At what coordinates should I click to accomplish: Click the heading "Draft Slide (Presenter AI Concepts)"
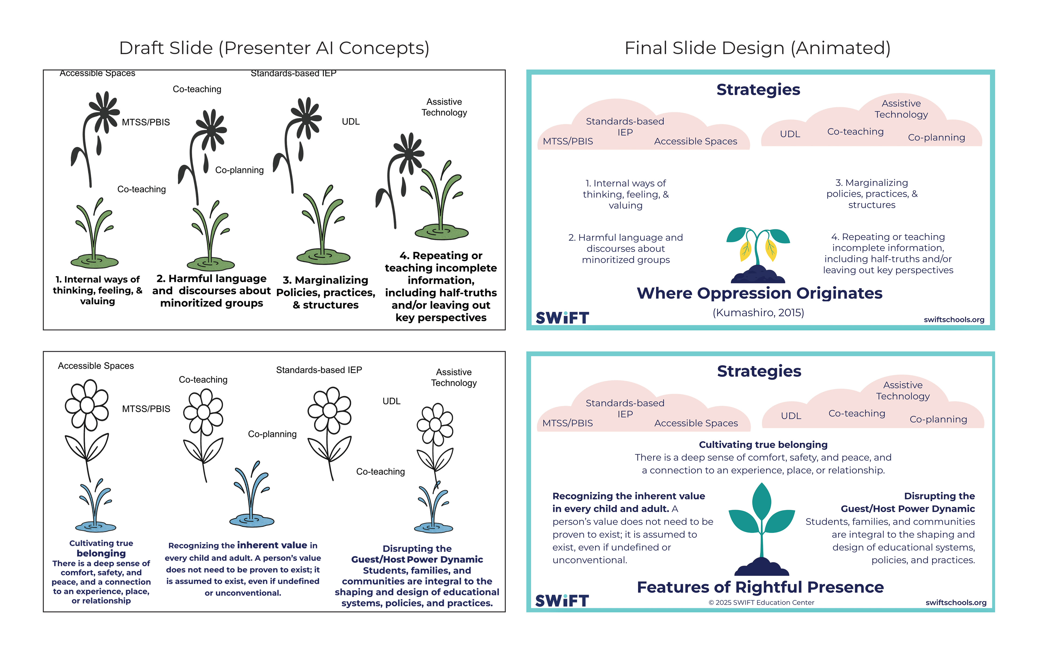click(274, 48)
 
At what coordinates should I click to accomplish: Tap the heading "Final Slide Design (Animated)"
click(757, 48)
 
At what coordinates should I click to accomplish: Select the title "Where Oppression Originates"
click(759, 293)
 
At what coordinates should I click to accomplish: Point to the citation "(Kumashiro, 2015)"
click(758, 313)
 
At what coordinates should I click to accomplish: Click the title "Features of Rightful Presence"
click(760, 587)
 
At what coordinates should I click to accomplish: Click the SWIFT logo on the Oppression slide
click(562, 318)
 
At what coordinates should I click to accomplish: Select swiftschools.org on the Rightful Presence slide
click(956, 603)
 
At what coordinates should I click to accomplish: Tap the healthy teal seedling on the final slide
click(762, 528)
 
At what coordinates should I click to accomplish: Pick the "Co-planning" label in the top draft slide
click(239, 170)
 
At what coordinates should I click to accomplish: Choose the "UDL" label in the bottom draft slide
click(391, 401)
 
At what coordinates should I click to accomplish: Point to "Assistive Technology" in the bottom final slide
click(903, 390)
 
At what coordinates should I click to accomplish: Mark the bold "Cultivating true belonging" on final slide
click(763, 445)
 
